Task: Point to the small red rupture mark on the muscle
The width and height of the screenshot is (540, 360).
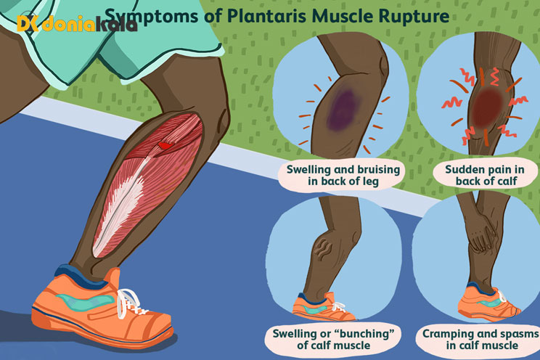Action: pos(165,147)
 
